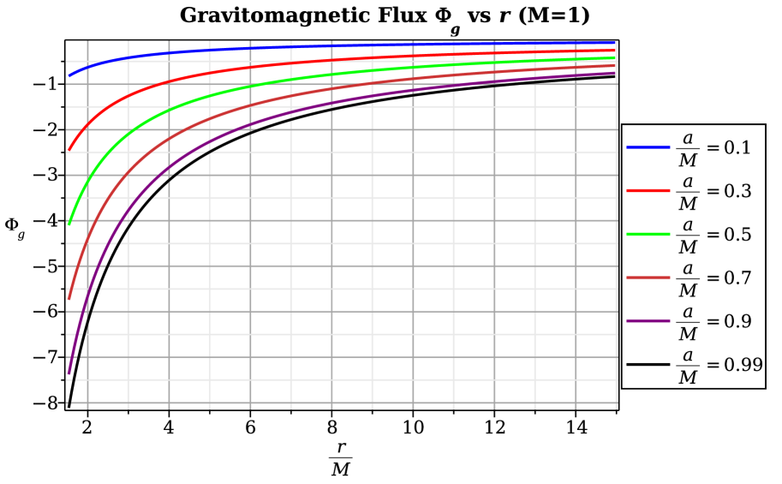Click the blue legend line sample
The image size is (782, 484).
[648, 147]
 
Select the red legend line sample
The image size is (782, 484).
[648, 190]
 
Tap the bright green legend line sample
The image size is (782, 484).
[648, 234]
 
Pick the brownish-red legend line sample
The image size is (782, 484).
[648, 278]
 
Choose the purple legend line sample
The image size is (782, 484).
[648, 321]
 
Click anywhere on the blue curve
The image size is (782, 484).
[343, 45]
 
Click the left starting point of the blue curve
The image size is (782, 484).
[69, 75]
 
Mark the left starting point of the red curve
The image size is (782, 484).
[69, 151]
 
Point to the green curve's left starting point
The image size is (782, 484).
[69, 224]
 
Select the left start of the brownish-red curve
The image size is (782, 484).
[69, 298]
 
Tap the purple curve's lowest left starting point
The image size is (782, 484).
[69, 373]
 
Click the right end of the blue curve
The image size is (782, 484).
[615, 42]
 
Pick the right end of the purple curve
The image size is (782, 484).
[615, 73]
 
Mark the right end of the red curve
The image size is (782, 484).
[615, 51]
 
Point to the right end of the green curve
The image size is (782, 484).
[615, 57]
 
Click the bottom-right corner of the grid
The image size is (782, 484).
[616, 402]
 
